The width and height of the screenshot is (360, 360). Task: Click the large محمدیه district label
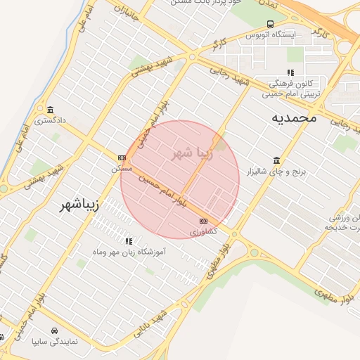click(294, 118)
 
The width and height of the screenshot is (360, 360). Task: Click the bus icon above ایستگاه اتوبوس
click(271, 24)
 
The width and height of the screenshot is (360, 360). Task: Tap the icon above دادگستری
click(50, 110)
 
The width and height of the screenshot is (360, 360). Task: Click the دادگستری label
click(51, 120)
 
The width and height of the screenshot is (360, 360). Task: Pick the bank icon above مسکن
click(122, 157)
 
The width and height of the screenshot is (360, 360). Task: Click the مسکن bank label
click(122, 168)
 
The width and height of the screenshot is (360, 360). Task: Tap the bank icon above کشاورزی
click(204, 221)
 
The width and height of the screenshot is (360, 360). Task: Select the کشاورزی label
click(204, 231)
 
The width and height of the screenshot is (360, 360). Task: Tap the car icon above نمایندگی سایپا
click(55, 330)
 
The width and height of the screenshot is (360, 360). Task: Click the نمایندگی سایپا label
click(55, 341)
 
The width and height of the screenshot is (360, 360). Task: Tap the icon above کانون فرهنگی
click(290, 72)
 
